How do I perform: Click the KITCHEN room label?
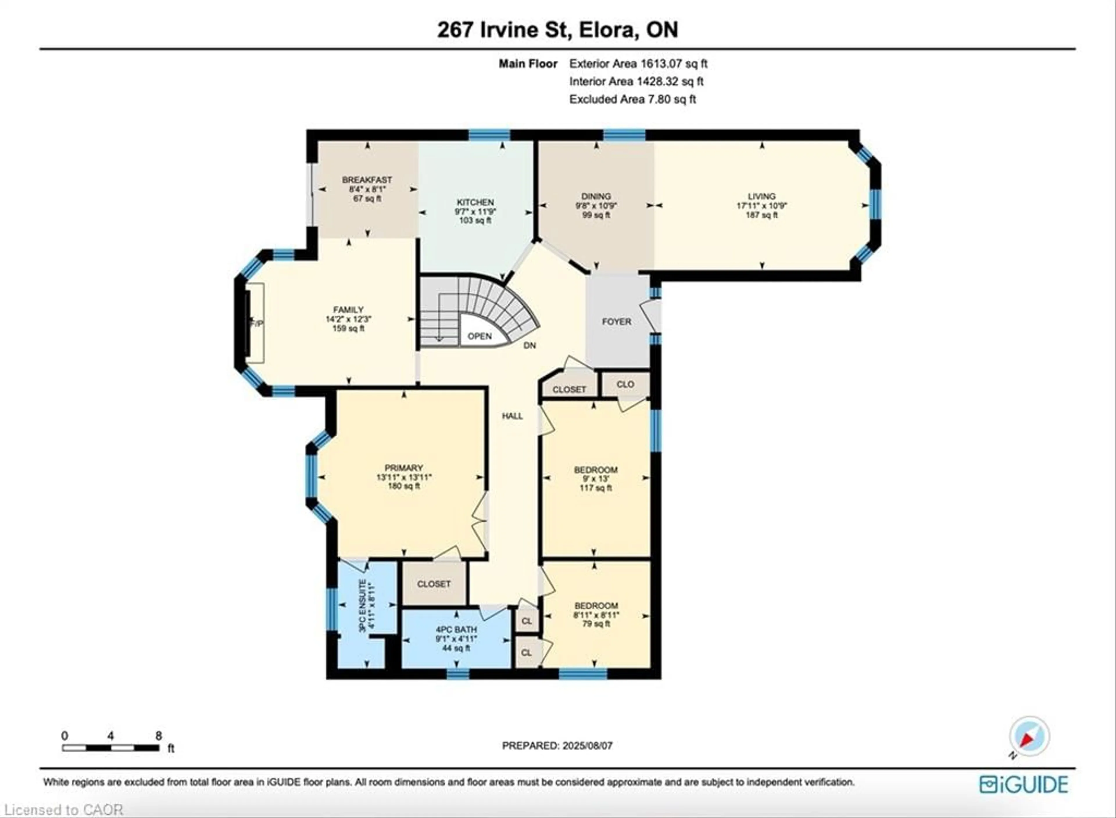(x=475, y=202)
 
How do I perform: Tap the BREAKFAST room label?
(x=367, y=180)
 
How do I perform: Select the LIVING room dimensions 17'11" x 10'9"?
(x=761, y=205)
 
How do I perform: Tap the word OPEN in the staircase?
(x=480, y=336)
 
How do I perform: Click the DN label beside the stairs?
(x=530, y=346)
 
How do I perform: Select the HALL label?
(x=512, y=416)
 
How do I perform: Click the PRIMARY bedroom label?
(x=404, y=467)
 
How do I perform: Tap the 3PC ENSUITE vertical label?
(x=363, y=606)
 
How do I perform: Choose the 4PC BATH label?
(x=456, y=629)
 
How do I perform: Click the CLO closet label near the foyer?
(x=625, y=384)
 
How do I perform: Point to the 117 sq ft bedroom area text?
(x=595, y=488)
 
